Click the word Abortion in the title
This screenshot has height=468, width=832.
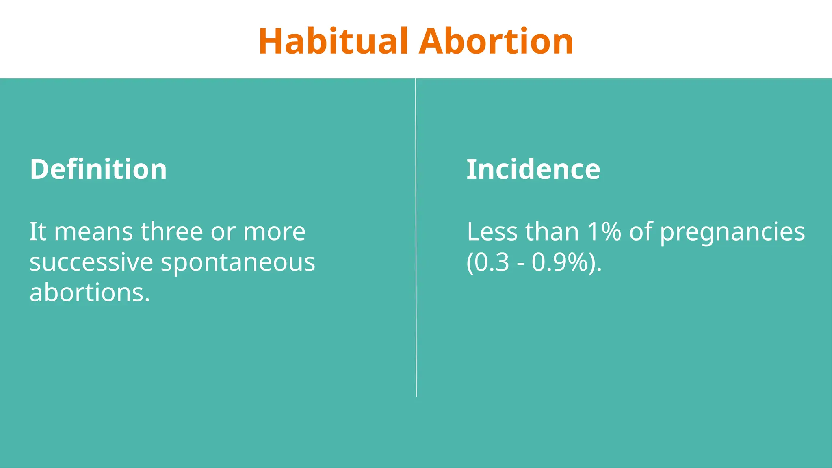(x=496, y=41)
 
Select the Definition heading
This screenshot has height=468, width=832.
(x=98, y=169)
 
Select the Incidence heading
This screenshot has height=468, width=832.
(x=533, y=169)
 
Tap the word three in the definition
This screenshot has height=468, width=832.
(x=171, y=232)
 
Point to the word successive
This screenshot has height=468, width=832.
(x=91, y=262)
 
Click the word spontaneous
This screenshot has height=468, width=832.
(x=238, y=263)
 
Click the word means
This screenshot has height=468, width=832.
(x=93, y=232)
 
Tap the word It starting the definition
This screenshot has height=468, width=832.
(x=38, y=232)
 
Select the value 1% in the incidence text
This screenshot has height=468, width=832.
(x=604, y=232)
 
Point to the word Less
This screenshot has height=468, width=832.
(x=492, y=232)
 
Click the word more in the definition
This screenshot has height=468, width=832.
(x=274, y=232)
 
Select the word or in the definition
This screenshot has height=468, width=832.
(x=223, y=232)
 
